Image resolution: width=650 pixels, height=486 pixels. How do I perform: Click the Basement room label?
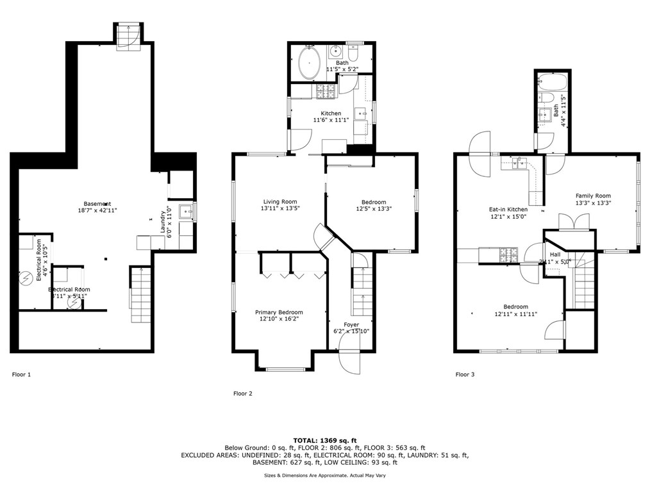(96, 204)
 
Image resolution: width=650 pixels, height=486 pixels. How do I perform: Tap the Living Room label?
(279, 201)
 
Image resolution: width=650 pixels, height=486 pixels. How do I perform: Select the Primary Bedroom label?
(281, 312)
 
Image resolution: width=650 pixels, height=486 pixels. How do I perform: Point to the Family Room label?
(593, 196)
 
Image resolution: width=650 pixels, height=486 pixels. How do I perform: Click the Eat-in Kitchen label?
(508, 209)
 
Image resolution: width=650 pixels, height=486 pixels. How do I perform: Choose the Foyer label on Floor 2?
(351, 324)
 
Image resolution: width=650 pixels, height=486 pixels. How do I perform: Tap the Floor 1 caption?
(21, 374)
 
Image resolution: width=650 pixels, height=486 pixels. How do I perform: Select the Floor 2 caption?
(242, 394)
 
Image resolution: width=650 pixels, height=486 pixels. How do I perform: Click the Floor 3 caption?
(465, 374)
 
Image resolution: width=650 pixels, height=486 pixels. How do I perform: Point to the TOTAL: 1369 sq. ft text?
(324, 440)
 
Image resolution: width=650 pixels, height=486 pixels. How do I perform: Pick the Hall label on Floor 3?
(554, 254)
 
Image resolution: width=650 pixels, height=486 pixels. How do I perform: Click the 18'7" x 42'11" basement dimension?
(96, 210)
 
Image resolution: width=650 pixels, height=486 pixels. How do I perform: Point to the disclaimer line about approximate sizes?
(324, 475)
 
